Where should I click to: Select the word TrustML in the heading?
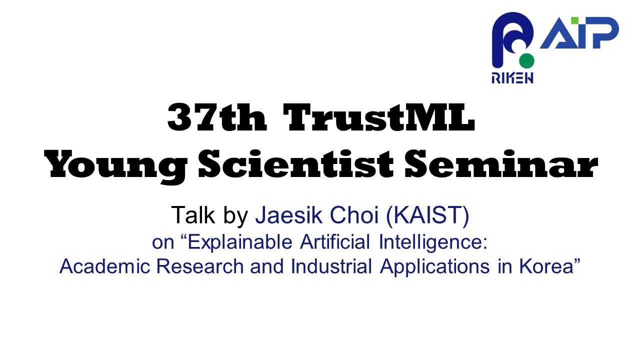(378, 118)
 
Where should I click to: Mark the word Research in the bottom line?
(197, 266)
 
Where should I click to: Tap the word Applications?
(433, 266)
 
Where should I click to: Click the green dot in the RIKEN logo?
(526, 61)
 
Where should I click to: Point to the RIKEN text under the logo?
(512, 78)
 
